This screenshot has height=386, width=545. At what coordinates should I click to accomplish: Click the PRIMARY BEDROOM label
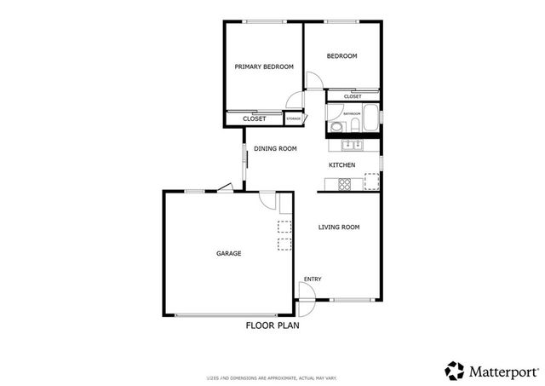pyautogui.click(x=264, y=66)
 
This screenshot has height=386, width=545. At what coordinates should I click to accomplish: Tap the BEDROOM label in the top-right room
pyautogui.click(x=341, y=56)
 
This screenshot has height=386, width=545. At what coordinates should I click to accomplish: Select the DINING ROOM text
pyautogui.click(x=275, y=148)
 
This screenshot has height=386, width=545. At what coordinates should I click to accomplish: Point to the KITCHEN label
pyautogui.click(x=341, y=164)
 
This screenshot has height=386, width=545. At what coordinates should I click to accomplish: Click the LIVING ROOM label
pyautogui.click(x=339, y=227)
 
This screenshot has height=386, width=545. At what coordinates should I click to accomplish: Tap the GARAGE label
pyautogui.click(x=228, y=253)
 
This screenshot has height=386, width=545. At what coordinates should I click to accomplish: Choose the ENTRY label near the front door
pyautogui.click(x=313, y=279)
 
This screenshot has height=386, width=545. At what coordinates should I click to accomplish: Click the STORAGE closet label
pyautogui.click(x=293, y=118)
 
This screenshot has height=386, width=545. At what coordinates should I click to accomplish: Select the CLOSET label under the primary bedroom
pyautogui.click(x=254, y=118)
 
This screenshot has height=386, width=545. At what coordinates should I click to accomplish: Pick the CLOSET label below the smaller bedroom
pyautogui.click(x=353, y=97)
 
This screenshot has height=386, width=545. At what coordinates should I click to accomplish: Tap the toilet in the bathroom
pyautogui.click(x=337, y=128)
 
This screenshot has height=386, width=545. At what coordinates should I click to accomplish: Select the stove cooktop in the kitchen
pyautogui.click(x=346, y=183)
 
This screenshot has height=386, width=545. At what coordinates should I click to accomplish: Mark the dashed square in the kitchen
pyautogui.click(x=371, y=181)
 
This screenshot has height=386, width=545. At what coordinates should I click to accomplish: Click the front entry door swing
pyautogui.click(x=308, y=291)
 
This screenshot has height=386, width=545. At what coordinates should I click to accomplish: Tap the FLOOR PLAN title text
pyautogui.click(x=272, y=325)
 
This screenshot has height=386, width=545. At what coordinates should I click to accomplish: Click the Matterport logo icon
pyautogui.click(x=455, y=370)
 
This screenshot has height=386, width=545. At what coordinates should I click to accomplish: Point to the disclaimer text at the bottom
pyautogui.click(x=272, y=376)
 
